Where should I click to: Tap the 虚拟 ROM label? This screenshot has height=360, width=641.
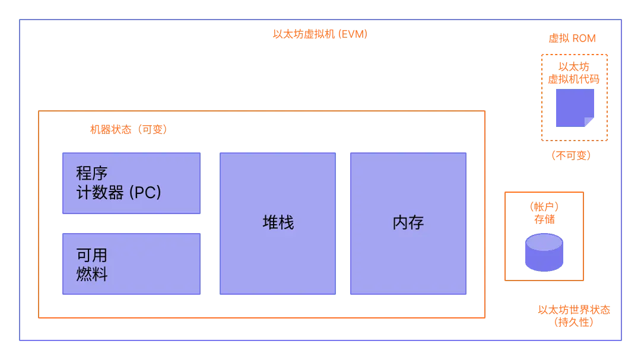pyautogui.click(x=572, y=39)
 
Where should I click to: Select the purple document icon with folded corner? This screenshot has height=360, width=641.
pyautogui.click(x=575, y=108)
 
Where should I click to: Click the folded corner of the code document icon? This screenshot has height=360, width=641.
pyautogui.click(x=589, y=122)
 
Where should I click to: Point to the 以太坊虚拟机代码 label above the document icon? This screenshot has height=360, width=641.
pyautogui.click(x=572, y=73)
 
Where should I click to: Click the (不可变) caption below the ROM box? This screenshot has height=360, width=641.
pyautogui.click(x=572, y=155)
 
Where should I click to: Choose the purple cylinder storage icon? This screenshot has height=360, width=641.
pyautogui.click(x=544, y=253)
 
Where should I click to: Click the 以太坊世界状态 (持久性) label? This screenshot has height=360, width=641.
pyautogui.click(x=574, y=316)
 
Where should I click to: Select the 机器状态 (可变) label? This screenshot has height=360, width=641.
pyautogui.click(x=128, y=129)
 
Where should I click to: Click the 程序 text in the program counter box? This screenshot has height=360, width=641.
pyautogui.click(x=92, y=174)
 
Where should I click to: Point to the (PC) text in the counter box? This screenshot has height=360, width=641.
pyautogui.click(x=145, y=193)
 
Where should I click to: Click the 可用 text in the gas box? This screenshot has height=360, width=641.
pyautogui.click(x=92, y=256)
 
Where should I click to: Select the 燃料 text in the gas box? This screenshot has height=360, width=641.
pyautogui.click(x=92, y=275)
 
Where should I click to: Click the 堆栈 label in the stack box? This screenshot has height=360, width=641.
pyautogui.click(x=278, y=222)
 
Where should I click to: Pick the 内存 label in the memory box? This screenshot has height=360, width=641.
pyautogui.click(x=408, y=222)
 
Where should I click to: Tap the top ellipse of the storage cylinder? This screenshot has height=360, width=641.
pyautogui.click(x=544, y=242)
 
